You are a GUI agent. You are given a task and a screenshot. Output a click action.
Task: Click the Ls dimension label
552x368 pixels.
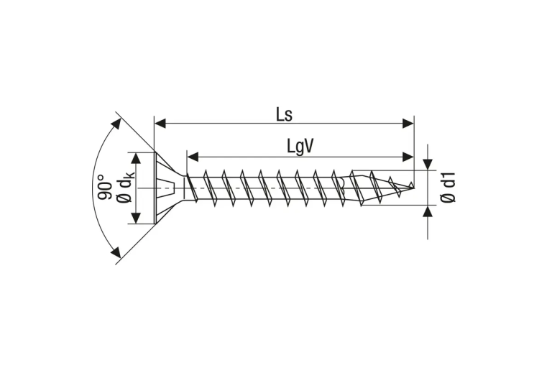(284, 115)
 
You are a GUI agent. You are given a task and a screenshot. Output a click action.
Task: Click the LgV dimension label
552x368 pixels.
(300, 147)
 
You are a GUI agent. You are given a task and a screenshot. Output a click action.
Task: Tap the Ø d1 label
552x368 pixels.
(448, 187)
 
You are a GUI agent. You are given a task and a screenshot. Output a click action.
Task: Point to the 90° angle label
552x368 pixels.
(104, 187)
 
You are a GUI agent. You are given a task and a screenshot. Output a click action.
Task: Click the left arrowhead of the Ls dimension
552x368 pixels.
(160, 124)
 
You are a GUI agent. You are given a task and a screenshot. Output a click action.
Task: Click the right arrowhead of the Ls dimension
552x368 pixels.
(408, 124)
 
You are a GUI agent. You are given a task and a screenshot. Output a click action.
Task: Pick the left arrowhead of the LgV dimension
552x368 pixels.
(193, 157)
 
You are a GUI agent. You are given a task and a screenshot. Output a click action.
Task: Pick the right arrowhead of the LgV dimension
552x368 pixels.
(408, 157)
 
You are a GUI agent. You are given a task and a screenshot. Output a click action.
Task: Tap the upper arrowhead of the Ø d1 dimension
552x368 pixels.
(428, 164)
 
